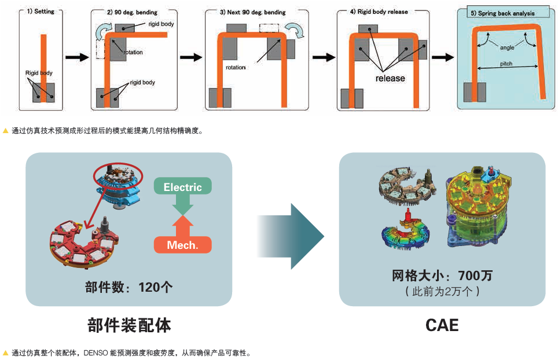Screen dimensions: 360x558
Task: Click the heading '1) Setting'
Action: pos(41,11)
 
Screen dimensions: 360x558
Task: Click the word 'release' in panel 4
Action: pos(390,78)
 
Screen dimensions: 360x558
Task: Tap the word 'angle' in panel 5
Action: pos(506,47)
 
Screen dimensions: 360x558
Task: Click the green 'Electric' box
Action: pos(182,187)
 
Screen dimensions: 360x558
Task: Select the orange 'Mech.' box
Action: pos(182,245)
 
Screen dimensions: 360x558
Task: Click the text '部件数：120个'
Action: pos(129,287)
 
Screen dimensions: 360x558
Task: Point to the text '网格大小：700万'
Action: pos(442,276)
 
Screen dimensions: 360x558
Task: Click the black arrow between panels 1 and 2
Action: pos(74,57)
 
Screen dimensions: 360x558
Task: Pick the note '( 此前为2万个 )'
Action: pos(442,291)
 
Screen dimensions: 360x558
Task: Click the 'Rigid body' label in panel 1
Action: pos(39,73)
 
